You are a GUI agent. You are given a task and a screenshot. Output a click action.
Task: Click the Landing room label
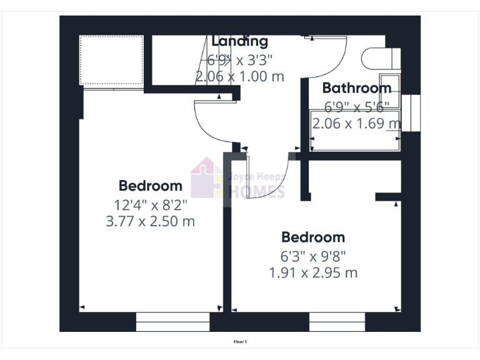(x=239, y=42)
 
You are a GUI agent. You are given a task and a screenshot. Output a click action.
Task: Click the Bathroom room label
(x=357, y=88)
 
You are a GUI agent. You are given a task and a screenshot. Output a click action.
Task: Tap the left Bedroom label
(x=151, y=186)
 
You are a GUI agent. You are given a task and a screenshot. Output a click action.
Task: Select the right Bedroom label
(x=313, y=237)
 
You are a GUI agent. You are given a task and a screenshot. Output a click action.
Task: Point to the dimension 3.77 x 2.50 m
(x=151, y=221)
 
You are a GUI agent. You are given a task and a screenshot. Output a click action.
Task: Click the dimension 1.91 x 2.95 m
(x=313, y=273)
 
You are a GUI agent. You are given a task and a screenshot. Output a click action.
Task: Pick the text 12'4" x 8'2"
(x=151, y=204)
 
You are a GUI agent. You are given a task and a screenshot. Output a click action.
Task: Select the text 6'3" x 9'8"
(x=313, y=256)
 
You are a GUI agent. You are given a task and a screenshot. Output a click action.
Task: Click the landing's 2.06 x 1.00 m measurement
(x=239, y=77)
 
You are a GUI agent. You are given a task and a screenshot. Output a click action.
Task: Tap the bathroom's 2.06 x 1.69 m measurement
(x=357, y=124)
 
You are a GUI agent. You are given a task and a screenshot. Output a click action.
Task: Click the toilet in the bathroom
(x=377, y=58)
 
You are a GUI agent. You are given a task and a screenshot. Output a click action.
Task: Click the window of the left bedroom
(x=172, y=322)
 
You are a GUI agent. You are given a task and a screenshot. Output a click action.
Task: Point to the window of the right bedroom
(x=337, y=322)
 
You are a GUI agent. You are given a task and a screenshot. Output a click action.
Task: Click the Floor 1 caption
(x=240, y=342)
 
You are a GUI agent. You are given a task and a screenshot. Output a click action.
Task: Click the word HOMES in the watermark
(x=257, y=191)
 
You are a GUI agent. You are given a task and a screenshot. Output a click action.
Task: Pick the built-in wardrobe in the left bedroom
(x=112, y=61)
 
